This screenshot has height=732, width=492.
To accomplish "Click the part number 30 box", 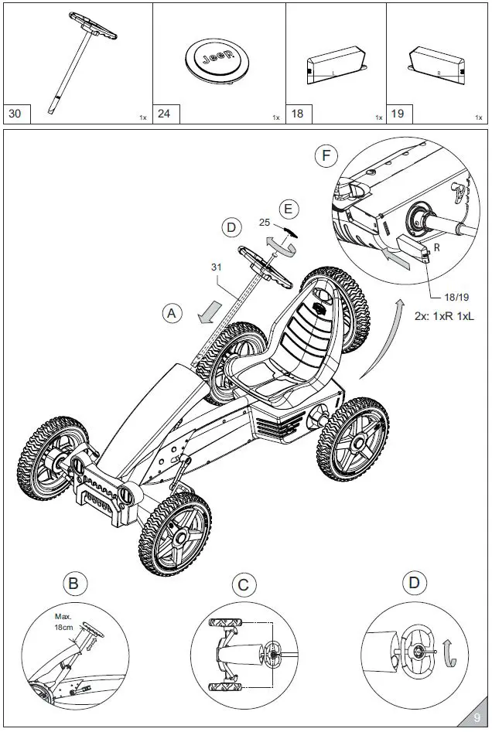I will click(x=15, y=114).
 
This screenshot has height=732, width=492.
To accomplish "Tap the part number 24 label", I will click(x=165, y=114).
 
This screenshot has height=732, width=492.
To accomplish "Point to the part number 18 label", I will click(x=298, y=114).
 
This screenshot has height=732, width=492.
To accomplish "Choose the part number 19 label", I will click(x=398, y=114).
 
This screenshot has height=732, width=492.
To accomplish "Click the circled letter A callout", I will click(x=173, y=313).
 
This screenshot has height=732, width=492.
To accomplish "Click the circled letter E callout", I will click(x=289, y=209).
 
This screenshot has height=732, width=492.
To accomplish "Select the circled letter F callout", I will click(x=327, y=156).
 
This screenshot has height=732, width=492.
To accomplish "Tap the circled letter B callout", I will click(x=73, y=584).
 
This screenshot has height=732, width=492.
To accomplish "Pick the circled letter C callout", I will click(x=244, y=585).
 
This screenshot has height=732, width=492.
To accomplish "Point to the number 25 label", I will click(x=265, y=223).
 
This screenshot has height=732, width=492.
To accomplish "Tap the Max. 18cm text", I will click(x=63, y=623).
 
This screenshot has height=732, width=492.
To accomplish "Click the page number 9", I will click(x=477, y=718).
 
